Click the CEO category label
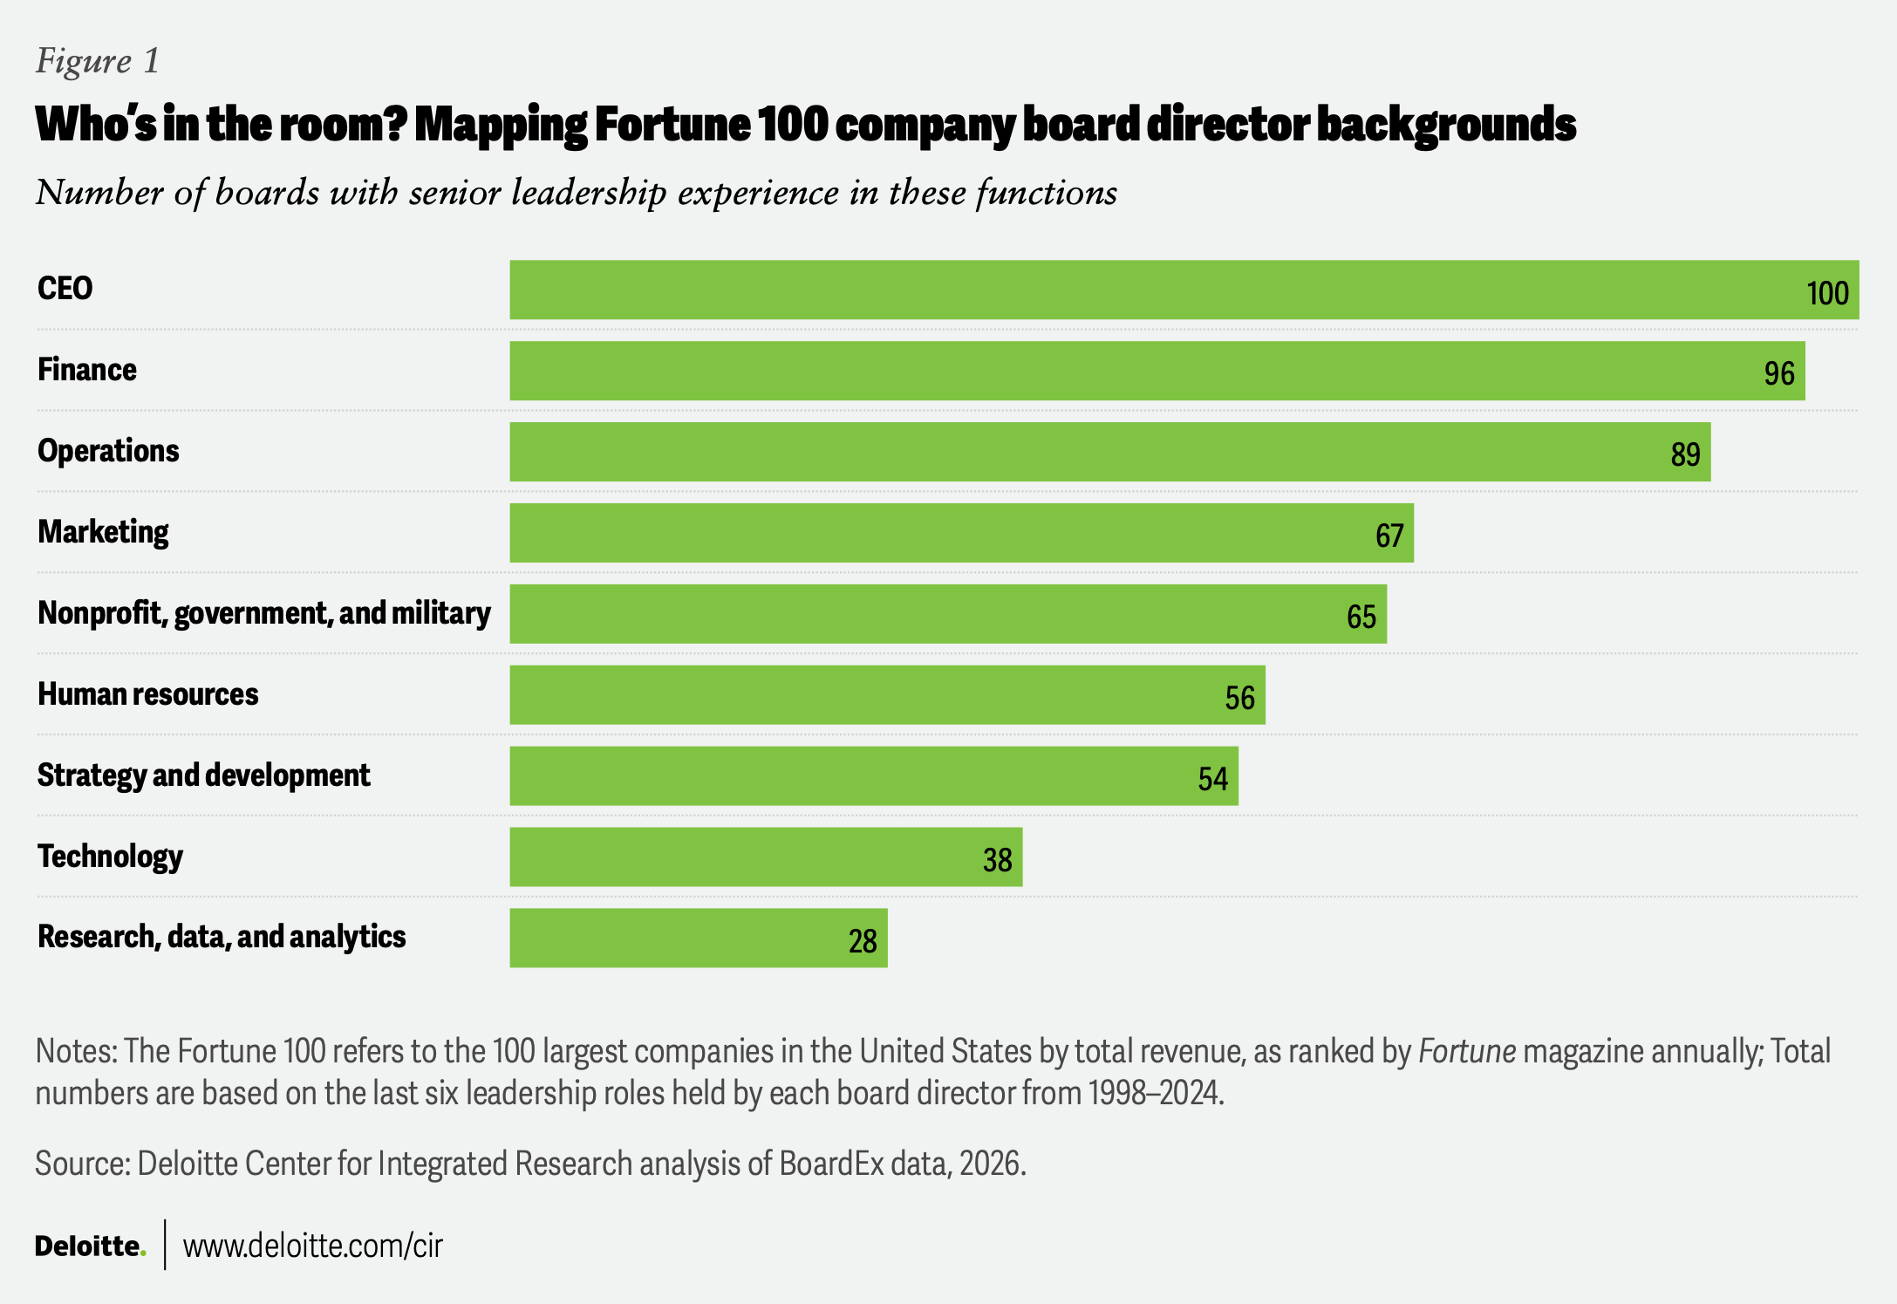[x=65, y=289]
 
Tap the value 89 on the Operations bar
[x=1685, y=454]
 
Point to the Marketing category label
[x=103, y=532]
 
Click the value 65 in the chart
[x=1361, y=618]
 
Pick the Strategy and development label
[x=203, y=775]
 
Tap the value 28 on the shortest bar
[x=863, y=941]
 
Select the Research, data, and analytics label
[x=222, y=937]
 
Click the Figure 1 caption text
[x=98, y=61]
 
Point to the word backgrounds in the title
[x=1445, y=125]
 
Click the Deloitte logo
[x=90, y=1246]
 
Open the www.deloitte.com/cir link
[x=313, y=1246]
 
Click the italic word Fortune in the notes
[x=1466, y=1052]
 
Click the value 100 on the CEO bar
[x=1827, y=293]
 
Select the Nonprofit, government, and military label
[x=263, y=613]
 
